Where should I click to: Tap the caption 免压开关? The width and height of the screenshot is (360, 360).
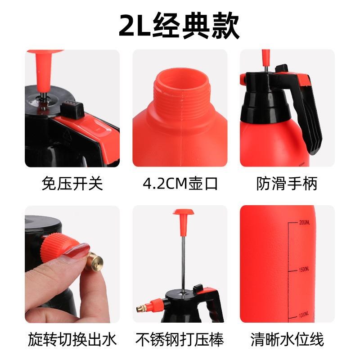tap(72, 183)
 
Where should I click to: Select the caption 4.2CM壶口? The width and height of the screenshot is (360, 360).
tap(180, 183)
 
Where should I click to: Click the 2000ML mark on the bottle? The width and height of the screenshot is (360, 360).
tap(305, 222)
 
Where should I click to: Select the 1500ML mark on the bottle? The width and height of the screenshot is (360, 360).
tap(305, 269)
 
